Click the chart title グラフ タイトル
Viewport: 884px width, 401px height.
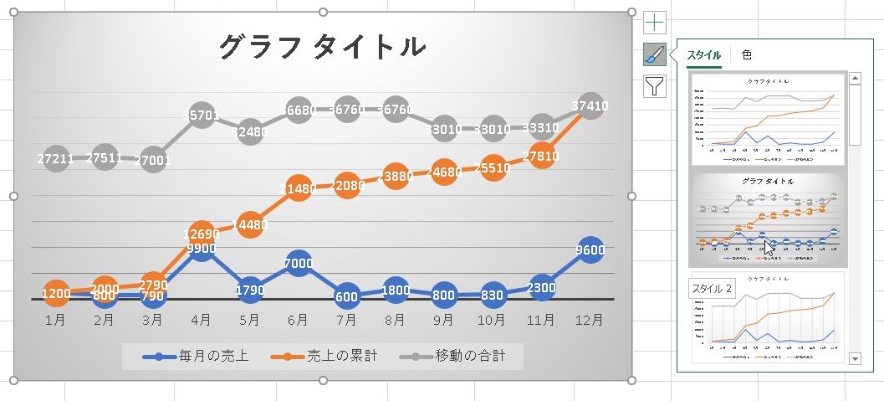click(x=322, y=47)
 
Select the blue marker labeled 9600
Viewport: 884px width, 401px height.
click(x=590, y=249)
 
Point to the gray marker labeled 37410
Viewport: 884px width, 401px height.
click(x=590, y=106)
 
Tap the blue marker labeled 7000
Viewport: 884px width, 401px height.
click(x=298, y=263)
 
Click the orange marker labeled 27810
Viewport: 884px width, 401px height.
click(x=542, y=157)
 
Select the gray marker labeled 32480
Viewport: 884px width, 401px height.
click(x=249, y=131)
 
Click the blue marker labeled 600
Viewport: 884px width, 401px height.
click(x=346, y=296)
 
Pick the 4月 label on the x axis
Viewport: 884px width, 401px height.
click(x=201, y=320)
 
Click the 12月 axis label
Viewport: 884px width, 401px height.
click(x=590, y=320)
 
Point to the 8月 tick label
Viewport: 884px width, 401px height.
click(x=396, y=320)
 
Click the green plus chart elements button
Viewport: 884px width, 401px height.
click(x=655, y=23)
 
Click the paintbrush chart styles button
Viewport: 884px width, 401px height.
click(x=655, y=54)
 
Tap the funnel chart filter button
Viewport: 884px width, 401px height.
click(x=655, y=86)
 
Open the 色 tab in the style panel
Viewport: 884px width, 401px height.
click(x=747, y=54)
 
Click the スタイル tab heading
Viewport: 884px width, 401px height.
click(x=703, y=55)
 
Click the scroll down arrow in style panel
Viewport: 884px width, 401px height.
click(x=855, y=358)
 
